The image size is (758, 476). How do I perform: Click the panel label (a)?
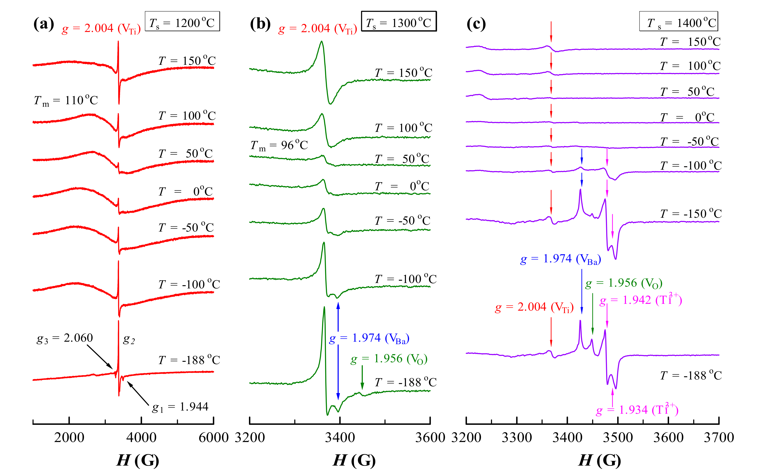[x=43, y=24]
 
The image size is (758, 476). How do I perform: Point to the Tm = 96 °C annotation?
[x=279, y=145]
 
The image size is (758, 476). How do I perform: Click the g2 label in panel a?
[x=129, y=339]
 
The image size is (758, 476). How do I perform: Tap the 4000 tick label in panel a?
[x=141, y=437]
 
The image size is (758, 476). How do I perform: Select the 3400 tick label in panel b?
[x=340, y=437]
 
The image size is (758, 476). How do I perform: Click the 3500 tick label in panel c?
[x=618, y=437]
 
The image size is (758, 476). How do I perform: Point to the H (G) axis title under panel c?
[x=600, y=460]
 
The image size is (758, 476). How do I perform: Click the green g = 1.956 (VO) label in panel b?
[x=389, y=359]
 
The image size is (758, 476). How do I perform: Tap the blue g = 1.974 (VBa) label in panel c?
[x=560, y=259]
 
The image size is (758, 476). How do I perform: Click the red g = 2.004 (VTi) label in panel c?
[x=534, y=307]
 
